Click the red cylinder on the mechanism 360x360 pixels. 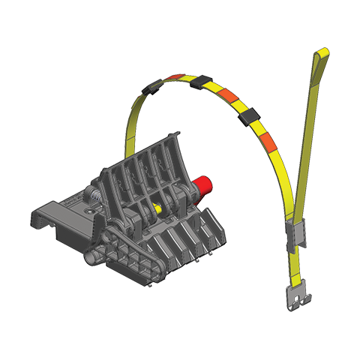click(x=202, y=188)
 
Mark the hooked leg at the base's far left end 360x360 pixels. click(x=38, y=222)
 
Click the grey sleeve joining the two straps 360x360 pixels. click(x=295, y=238)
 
